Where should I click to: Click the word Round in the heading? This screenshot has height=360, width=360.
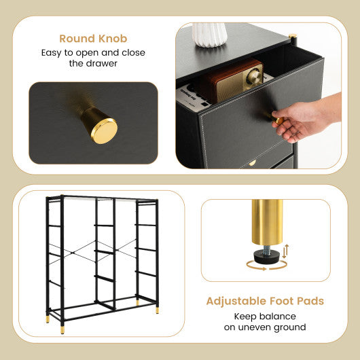tap(76, 39)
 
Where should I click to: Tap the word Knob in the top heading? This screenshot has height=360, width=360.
tap(112, 39)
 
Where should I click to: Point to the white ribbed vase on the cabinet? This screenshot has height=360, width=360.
tap(209, 35)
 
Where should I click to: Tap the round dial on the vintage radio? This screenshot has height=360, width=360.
tap(255, 77)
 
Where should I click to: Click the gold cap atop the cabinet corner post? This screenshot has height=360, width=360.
tap(293, 37)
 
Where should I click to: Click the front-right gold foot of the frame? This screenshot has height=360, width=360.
tap(158, 310)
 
